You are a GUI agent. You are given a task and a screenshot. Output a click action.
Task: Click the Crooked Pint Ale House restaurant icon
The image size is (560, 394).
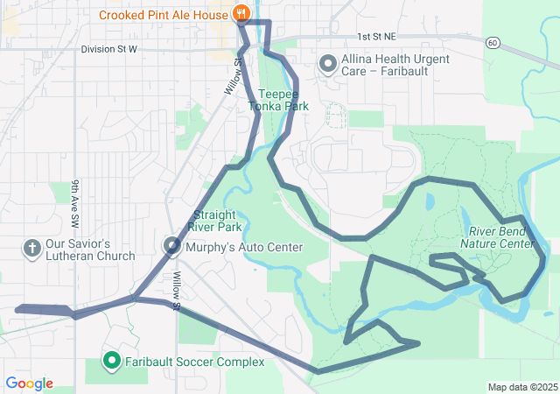point(241,14)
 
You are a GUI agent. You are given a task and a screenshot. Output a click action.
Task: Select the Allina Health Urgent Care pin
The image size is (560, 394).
point(328,64)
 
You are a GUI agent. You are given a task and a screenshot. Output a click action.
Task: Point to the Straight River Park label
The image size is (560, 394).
point(217,220)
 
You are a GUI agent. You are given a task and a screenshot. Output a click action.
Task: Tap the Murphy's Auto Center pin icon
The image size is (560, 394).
point(172,248)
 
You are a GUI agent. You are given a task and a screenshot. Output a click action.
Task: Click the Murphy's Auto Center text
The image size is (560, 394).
point(244,248)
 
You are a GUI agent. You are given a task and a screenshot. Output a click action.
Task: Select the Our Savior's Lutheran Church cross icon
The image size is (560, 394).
point(31,249)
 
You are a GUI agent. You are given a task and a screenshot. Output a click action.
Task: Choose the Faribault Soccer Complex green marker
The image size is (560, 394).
point(112,360)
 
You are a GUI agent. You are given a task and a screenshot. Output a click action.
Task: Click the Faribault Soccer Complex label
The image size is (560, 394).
point(193,362)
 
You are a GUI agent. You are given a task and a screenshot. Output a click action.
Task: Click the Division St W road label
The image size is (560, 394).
point(109,49)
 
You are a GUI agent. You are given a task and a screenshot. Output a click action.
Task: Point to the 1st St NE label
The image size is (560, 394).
point(376,37)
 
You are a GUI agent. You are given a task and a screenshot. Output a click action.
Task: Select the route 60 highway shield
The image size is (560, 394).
point(493,42)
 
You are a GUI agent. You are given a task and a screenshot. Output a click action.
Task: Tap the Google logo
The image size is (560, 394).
point(30,383)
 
